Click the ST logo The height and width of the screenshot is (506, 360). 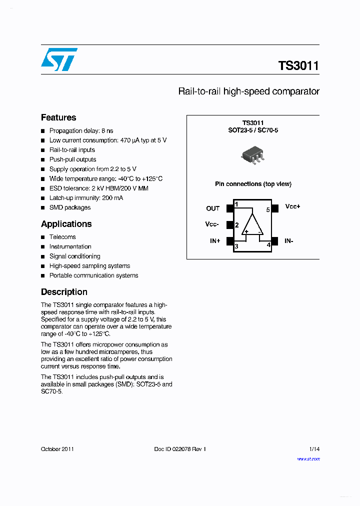(x=59, y=59)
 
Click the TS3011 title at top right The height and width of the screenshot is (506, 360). (x=298, y=65)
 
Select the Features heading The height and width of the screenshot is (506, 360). (x=58, y=117)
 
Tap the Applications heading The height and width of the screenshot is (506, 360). (x=66, y=224)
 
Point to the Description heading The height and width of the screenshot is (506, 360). (x=64, y=292)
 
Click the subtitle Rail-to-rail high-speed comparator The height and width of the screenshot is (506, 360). (x=248, y=91)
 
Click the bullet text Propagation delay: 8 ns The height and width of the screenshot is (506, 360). (x=81, y=131)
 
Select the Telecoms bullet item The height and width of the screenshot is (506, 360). (x=62, y=237)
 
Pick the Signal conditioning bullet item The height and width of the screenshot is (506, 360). (x=74, y=256)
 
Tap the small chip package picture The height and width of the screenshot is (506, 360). (x=253, y=155)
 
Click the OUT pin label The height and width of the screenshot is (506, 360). (x=213, y=208)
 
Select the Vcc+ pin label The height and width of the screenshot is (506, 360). (x=292, y=206)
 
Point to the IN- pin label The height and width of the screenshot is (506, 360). (x=288, y=241)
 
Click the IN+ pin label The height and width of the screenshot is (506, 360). (x=215, y=241)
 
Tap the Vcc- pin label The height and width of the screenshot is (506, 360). (x=212, y=224)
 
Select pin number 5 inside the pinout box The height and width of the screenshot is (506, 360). (x=268, y=210)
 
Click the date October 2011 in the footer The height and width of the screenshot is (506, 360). (x=57, y=449)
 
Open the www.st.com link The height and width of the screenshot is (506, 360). (x=308, y=459)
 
